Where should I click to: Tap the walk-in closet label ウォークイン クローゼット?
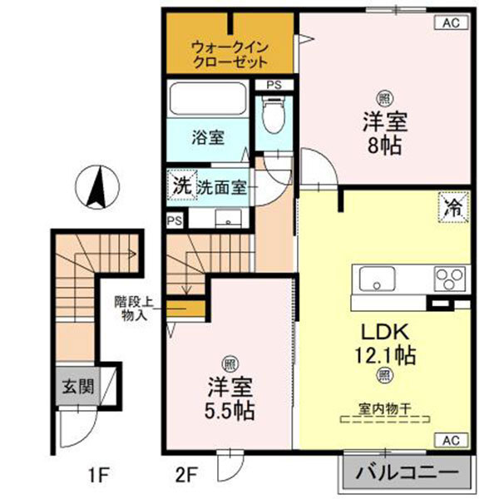228,53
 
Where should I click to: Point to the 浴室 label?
207,138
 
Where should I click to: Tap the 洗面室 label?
221,188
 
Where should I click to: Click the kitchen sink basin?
378,279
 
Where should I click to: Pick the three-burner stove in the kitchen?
450,279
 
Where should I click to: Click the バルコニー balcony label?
407,472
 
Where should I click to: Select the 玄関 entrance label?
76,387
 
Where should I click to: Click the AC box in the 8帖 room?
450,24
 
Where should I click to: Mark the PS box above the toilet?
274,85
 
